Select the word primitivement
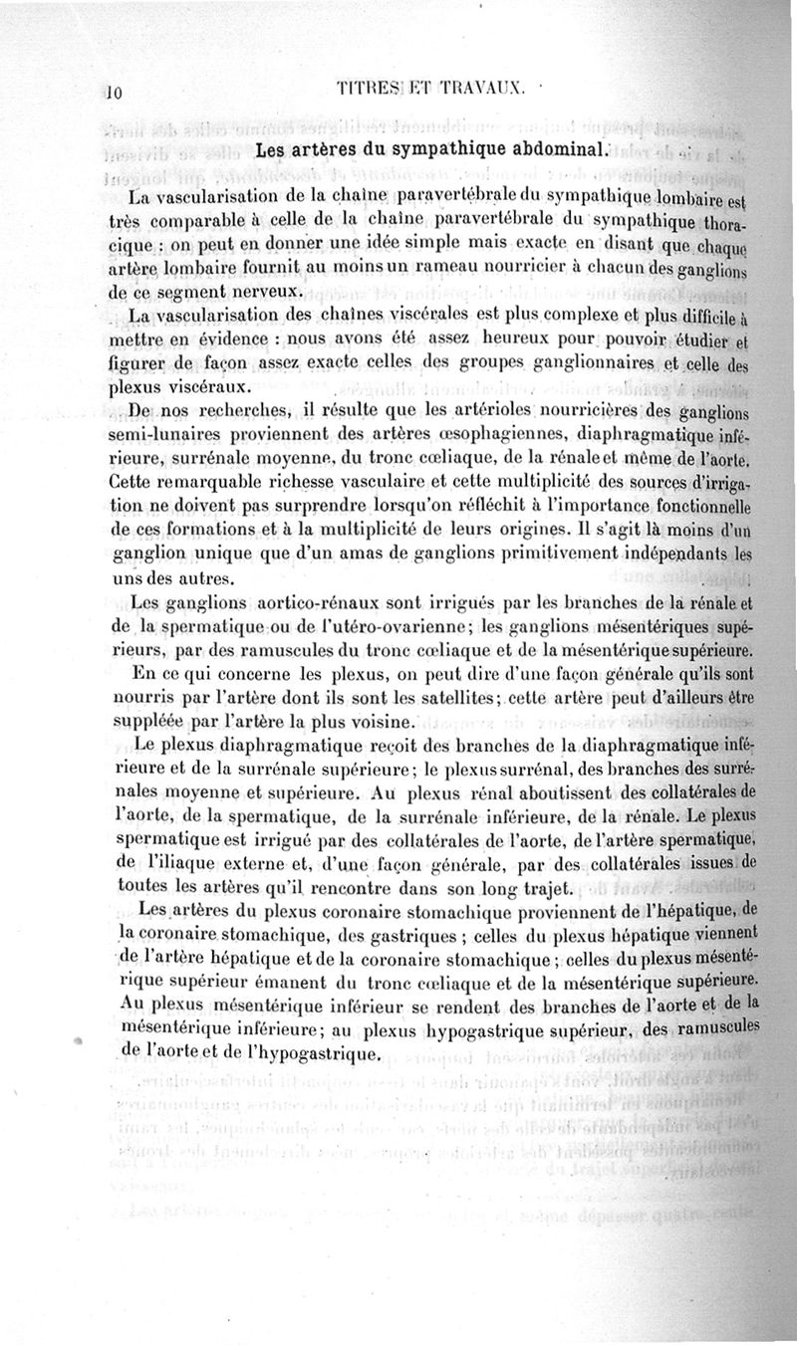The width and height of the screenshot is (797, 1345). (x=528, y=555)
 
